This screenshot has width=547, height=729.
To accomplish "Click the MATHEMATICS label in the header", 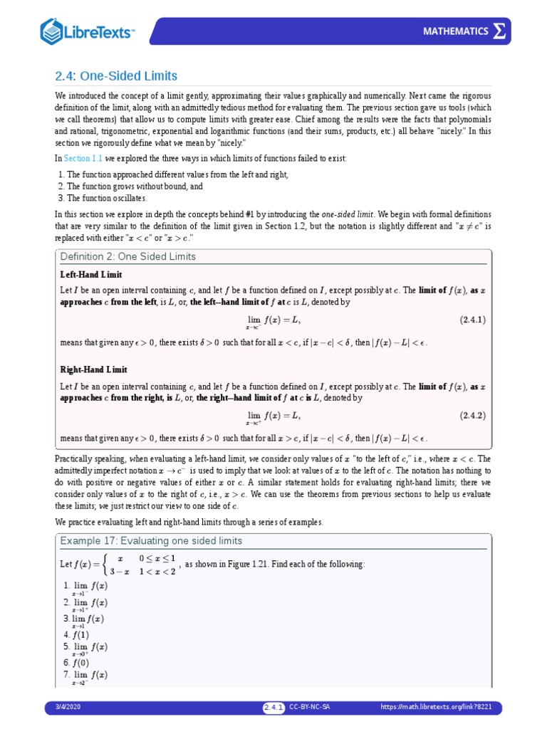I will click(x=456, y=31).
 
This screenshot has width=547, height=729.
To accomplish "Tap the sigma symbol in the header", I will click(x=501, y=31).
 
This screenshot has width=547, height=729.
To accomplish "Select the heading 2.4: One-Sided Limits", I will click(x=116, y=75).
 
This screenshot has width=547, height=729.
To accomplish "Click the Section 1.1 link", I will click(x=83, y=158).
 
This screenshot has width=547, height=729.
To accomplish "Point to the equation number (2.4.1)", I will click(x=472, y=320).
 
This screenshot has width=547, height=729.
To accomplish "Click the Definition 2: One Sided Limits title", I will click(x=128, y=256).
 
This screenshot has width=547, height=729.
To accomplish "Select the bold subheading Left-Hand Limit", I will click(x=92, y=274).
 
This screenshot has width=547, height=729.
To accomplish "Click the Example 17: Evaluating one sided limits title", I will click(x=152, y=541).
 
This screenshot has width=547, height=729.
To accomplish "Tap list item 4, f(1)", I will click(x=76, y=634).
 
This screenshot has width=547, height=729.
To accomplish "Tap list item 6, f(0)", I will click(x=76, y=661).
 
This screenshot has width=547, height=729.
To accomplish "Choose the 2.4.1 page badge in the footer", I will click(x=274, y=707).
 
